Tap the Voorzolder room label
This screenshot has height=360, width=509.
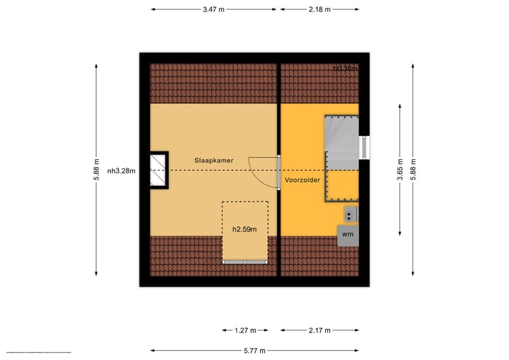point(303,180)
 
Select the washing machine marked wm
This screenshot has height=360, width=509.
point(347,234)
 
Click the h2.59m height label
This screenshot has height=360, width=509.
point(245,229)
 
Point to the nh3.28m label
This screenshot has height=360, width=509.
point(121,170)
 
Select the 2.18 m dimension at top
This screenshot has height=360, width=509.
point(320,9)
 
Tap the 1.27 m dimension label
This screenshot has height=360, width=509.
point(245,330)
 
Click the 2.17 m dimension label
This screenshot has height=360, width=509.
point(320,330)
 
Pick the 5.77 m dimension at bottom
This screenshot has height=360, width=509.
point(255,350)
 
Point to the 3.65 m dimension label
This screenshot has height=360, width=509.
point(400,170)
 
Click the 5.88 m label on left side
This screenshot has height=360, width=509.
point(96,170)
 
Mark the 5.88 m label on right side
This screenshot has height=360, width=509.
point(414,170)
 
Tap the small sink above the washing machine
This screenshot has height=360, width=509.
point(350,214)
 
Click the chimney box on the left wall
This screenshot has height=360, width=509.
point(159,170)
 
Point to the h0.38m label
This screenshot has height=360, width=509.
point(345,69)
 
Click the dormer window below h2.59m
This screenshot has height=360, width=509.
point(245,262)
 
